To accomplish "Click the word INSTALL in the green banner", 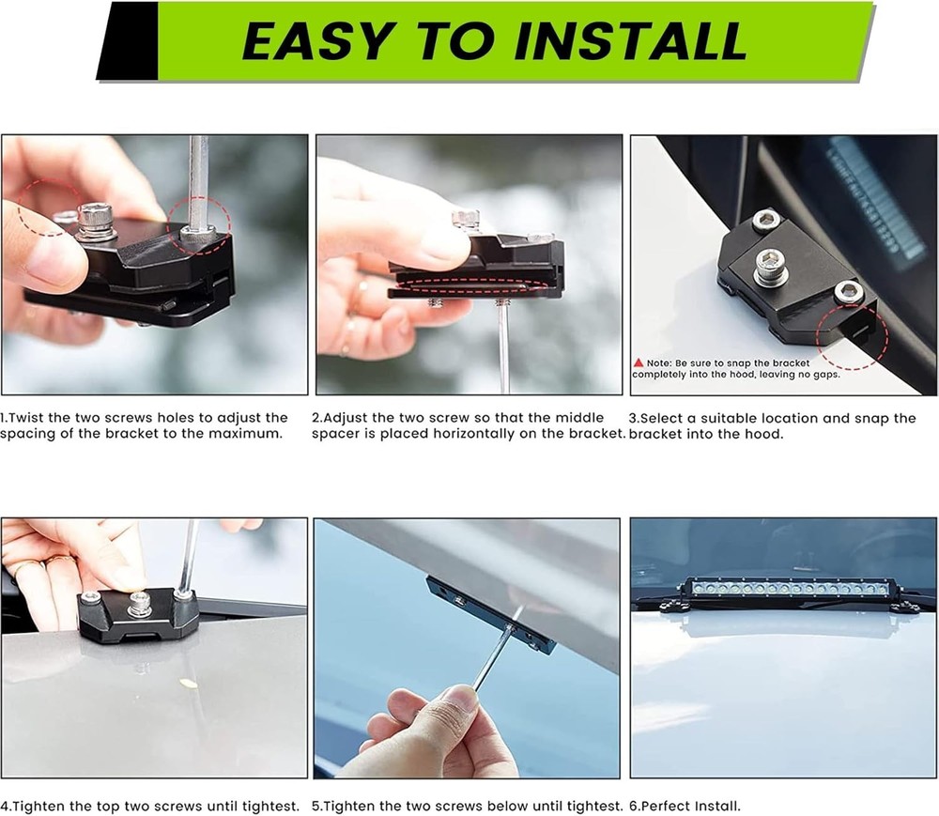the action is point(631,40).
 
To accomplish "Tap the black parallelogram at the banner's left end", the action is point(128,40).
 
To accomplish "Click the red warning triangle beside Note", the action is point(639,362).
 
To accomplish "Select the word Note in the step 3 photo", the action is point(659,362).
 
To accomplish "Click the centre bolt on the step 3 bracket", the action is point(770,265).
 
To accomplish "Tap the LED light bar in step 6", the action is point(788,589).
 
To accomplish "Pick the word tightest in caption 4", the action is point(270,806).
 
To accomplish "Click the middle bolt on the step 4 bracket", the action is point(139,604).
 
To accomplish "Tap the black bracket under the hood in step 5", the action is point(490,615).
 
